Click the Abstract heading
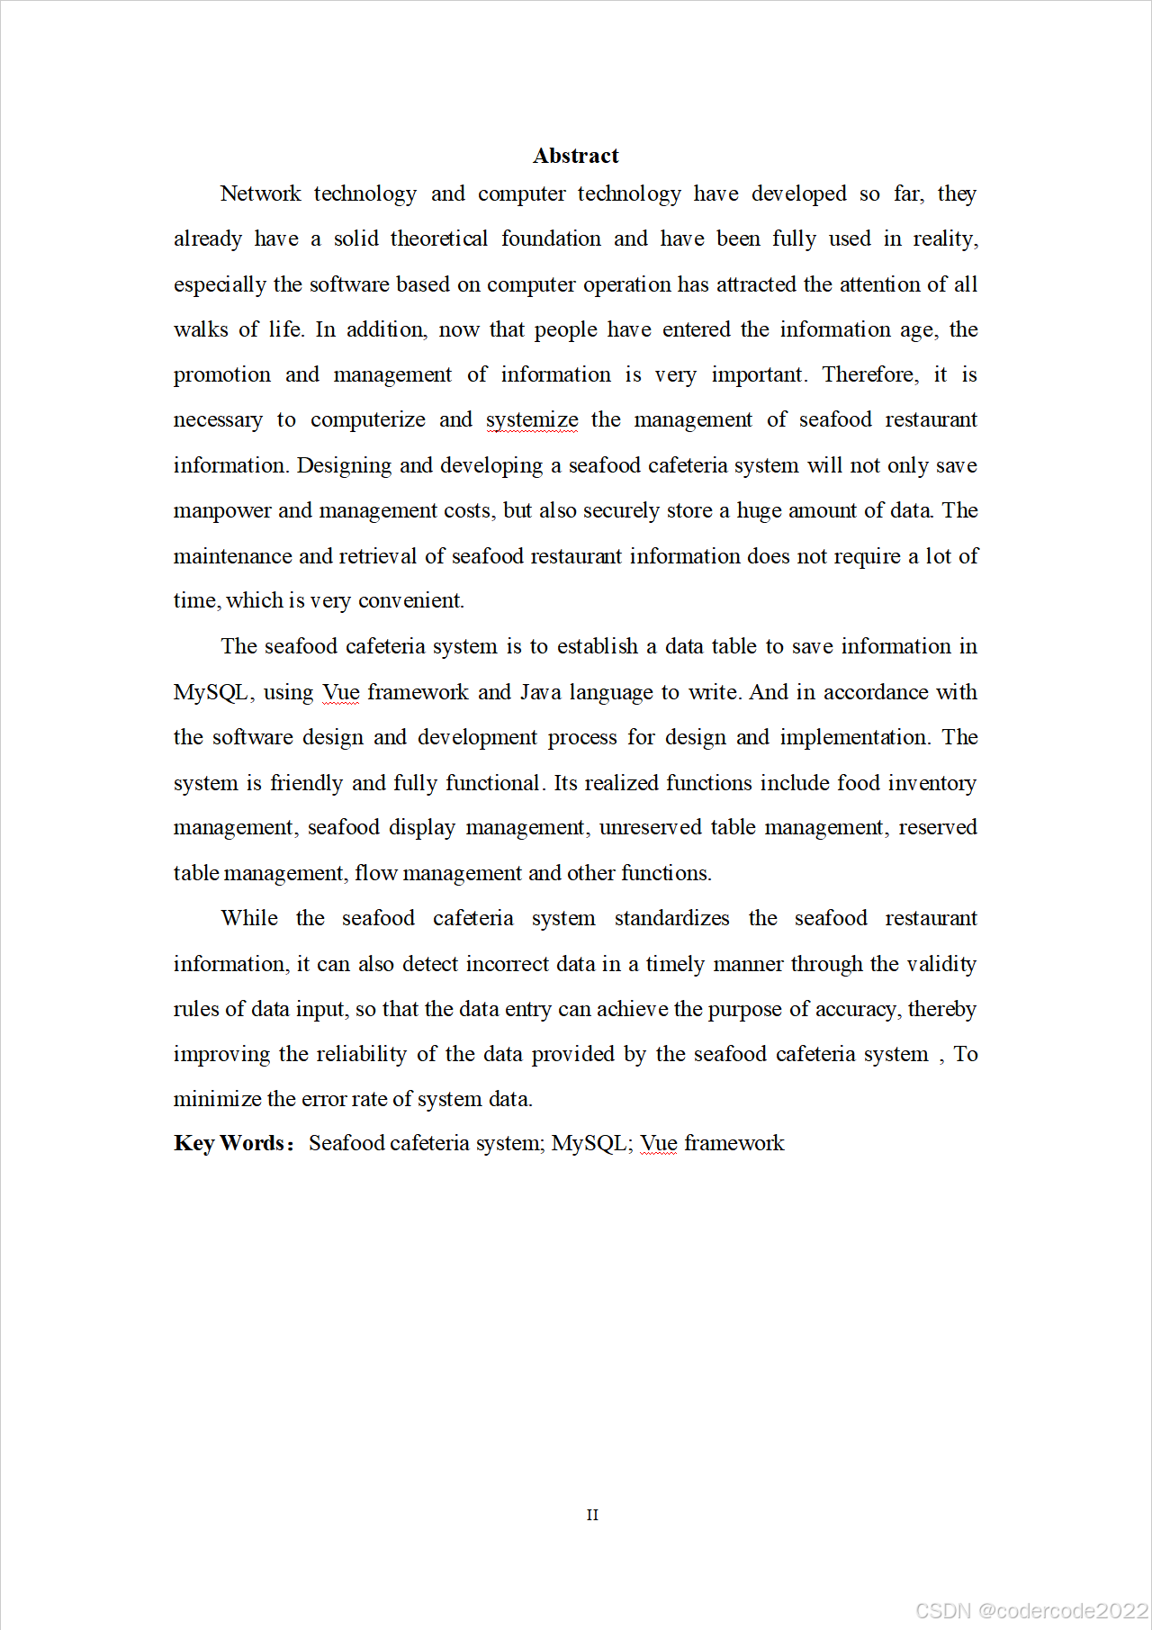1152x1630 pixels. (575, 156)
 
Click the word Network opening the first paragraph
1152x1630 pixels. (260, 194)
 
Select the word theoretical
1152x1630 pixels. (438, 239)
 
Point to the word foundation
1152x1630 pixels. (551, 239)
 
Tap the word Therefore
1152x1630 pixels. (869, 374)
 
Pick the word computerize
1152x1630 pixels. (367, 419)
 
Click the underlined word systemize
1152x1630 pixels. (532, 420)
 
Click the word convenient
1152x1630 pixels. (410, 600)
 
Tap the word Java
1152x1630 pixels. (540, 692)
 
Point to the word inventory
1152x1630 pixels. (931, 783)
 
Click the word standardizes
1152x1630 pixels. (671, 918)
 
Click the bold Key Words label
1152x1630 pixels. (232, 1143)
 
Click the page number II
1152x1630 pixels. (592, 1515)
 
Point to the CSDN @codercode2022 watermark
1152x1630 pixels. (1031, 1610)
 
